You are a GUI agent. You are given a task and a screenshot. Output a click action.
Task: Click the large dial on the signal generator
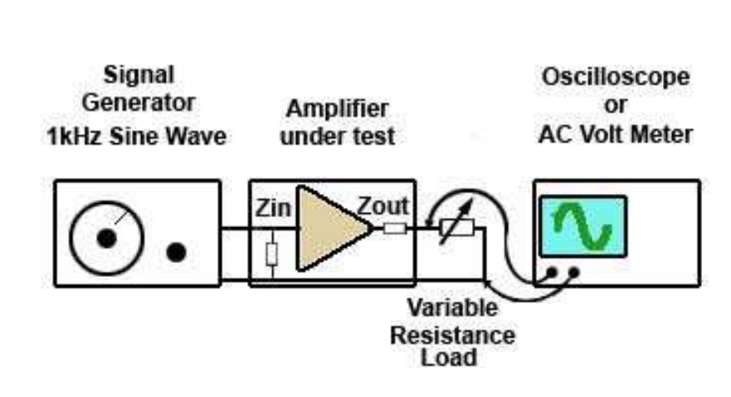[105, 238]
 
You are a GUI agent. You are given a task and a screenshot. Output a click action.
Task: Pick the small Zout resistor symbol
[395, 228]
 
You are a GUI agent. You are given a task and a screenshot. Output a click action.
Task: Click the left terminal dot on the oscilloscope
[550, 272]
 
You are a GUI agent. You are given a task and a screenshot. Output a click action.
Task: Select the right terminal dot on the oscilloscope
[573, 272]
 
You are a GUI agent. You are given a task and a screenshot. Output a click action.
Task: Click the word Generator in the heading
[137, 104]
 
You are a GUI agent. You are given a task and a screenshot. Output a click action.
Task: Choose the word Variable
[452, 308]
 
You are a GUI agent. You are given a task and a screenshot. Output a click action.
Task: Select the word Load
[452, 358]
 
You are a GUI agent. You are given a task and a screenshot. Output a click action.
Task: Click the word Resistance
[452, 334]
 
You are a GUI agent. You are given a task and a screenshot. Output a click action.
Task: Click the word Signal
[139, 76]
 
